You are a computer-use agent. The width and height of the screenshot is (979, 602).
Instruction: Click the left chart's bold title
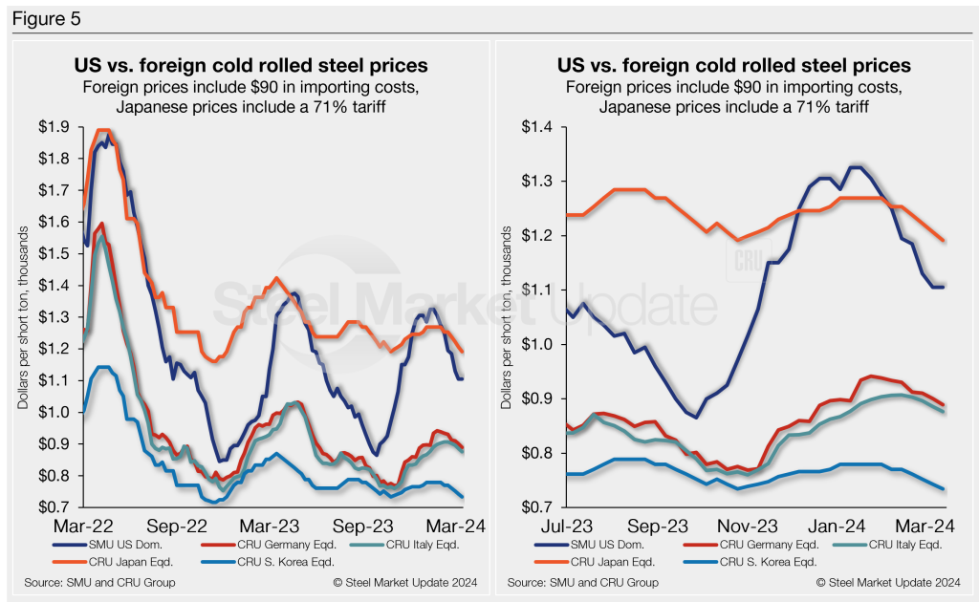[250, 66]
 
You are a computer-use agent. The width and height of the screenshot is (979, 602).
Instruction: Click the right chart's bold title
[733, 66]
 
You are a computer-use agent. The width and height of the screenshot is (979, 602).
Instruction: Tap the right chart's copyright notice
[889, 582]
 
